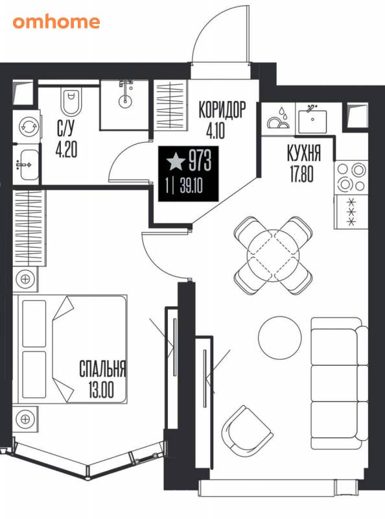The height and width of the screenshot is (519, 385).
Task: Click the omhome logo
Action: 56,22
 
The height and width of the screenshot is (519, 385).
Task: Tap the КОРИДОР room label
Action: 222,110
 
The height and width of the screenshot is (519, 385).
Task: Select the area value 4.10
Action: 215,130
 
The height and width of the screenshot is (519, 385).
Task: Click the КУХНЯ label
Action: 303,153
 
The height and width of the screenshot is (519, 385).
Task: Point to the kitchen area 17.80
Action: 301,174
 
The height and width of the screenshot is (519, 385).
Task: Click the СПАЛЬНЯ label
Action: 102,368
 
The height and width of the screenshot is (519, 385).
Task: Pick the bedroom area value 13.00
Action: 101,390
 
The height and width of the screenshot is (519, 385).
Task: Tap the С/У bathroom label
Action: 66,128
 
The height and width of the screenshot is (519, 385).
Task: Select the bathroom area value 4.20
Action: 66,150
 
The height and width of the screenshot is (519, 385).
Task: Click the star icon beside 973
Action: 176,162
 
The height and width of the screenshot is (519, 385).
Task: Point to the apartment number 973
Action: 200,161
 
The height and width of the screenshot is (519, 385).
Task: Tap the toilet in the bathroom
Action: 71,101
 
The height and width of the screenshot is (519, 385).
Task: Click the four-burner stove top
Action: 351,178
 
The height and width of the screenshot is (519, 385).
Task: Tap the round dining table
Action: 274,255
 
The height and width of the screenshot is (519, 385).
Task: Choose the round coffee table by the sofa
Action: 280,337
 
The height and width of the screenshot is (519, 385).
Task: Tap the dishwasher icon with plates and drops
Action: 279,119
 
